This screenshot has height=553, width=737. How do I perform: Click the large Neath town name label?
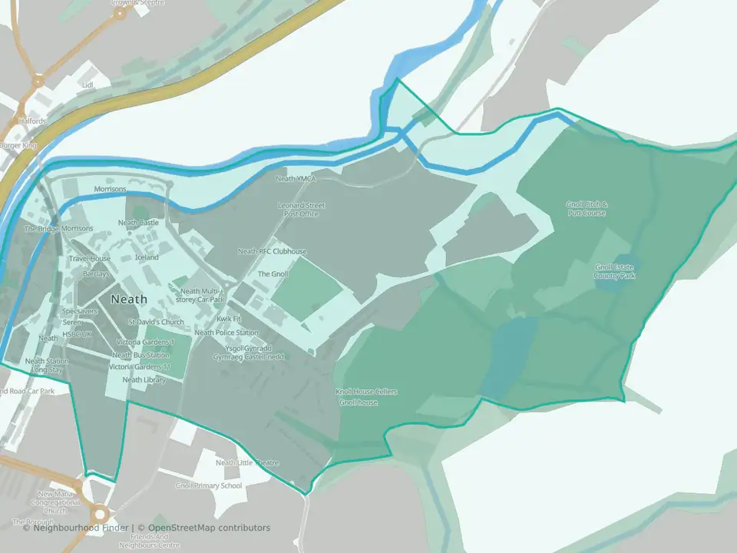129,299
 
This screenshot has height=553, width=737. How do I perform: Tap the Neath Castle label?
138,223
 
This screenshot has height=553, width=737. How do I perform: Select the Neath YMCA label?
296,179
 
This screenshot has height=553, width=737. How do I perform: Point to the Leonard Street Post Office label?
302,210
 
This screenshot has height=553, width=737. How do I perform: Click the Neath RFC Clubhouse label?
272,251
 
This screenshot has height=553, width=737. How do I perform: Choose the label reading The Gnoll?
273,273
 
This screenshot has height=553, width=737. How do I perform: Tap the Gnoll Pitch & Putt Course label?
587,209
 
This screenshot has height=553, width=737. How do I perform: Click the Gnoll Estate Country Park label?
616,271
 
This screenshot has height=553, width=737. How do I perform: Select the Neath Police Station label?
226,333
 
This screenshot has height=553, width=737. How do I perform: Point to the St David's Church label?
156,322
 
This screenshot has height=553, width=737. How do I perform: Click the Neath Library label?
144,379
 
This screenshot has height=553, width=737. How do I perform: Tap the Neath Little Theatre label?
247,463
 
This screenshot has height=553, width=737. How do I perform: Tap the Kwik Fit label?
229,318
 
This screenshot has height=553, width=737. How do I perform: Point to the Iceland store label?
147,257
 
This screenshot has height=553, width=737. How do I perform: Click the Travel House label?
90,259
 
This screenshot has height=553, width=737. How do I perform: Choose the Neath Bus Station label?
141,355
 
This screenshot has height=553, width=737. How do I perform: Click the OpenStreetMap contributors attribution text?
209,528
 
